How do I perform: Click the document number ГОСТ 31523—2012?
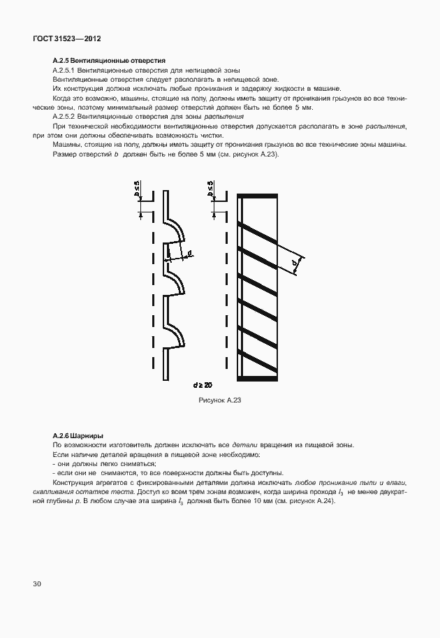point(62,38)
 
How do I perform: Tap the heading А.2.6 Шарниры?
point(78,435)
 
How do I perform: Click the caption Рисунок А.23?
point(220,400)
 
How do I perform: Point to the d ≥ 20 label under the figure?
point(203,385)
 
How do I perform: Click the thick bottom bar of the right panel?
point(264,378)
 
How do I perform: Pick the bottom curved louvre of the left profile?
point(175,331)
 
